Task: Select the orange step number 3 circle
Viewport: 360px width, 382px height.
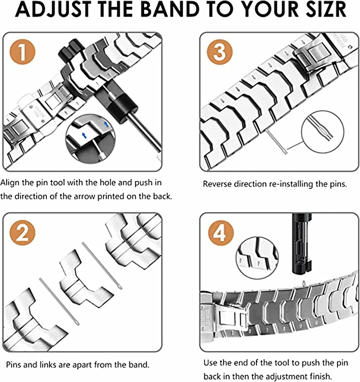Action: coord(219,52)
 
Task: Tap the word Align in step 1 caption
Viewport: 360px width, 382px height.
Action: coord(9,183)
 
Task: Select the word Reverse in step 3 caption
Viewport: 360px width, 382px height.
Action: coord(217,184)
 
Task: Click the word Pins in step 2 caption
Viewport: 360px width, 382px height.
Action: coord(14,364)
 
